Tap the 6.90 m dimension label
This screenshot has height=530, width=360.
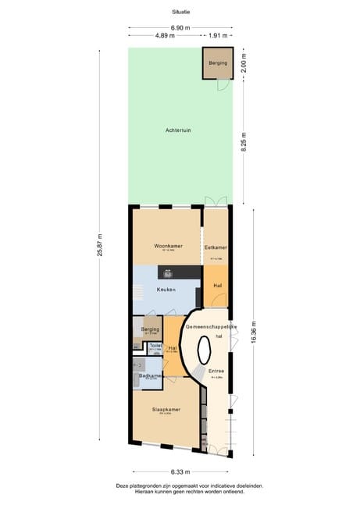[180, 28]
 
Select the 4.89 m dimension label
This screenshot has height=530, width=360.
[164, 36]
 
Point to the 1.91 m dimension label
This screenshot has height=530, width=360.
[218, 36]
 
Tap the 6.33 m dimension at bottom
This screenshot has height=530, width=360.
[180, 471]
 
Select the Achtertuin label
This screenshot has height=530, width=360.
[178, 130]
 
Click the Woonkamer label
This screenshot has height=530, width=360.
[166, 245]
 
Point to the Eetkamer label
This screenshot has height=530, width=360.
[216, 247]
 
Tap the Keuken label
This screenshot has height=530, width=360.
[165, 290]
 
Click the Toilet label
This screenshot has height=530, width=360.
[155, 345]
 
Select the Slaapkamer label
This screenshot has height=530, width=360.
[166, 410]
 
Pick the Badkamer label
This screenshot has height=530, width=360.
[149, 375]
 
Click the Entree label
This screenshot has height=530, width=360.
[216, 371]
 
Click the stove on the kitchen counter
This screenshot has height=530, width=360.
[168, 273]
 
